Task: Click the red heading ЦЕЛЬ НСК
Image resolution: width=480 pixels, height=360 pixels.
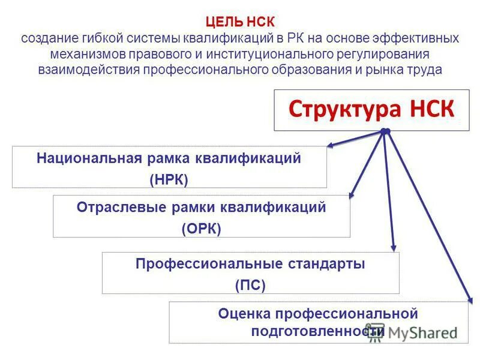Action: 240,23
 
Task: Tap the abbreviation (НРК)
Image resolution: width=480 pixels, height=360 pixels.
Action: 169,179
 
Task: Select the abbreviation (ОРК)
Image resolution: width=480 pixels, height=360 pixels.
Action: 201,228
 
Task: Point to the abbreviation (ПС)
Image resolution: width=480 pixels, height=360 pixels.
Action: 250,285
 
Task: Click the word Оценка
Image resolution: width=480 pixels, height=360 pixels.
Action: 244,313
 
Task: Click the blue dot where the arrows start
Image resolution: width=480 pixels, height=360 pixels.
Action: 385,131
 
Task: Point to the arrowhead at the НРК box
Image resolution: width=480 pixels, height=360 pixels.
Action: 331,145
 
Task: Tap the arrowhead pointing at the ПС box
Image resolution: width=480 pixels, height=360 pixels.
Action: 394,247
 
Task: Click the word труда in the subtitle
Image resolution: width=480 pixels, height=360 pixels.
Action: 427,70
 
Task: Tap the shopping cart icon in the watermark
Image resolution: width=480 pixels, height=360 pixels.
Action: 376,334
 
